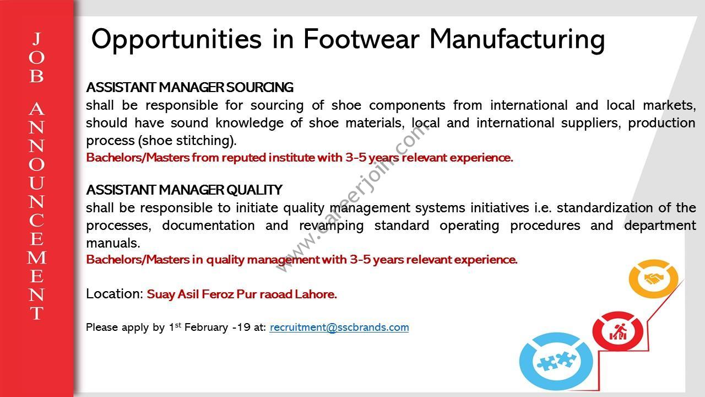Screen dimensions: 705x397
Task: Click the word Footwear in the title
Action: [361, 39]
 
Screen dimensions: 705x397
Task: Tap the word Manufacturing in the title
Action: [517, 40]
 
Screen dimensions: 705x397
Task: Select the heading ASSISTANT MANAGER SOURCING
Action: [190, 87]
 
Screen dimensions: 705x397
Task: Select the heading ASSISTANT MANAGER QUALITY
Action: [184, 190]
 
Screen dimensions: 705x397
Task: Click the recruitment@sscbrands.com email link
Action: [339, 328]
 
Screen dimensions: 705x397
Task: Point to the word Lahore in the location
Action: [316, 294]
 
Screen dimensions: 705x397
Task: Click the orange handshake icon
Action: [653, 278]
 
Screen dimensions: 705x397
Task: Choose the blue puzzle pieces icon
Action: [556, 361]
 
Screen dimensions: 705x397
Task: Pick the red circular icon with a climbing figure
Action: [617, 331]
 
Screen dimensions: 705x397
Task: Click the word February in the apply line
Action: [206, 328]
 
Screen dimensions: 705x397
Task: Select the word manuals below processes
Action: [113, 243]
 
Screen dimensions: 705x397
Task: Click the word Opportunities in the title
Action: [176, 40]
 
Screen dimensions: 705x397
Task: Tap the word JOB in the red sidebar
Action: [37, 57]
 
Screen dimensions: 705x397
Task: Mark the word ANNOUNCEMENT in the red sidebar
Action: [37, 211]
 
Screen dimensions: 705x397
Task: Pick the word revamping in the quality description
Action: [332, 226]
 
